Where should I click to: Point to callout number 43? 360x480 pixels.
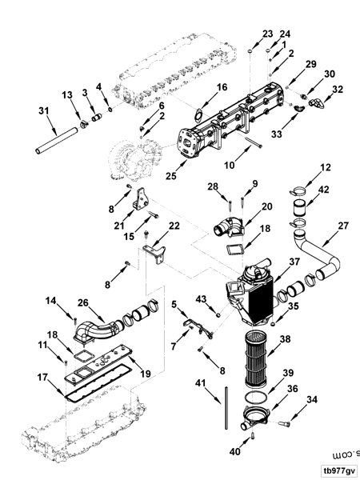coord(202,299)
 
